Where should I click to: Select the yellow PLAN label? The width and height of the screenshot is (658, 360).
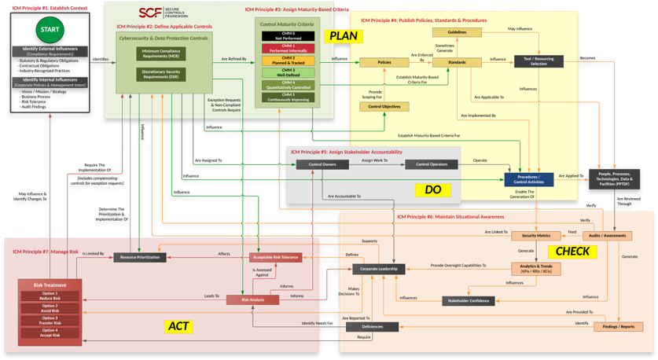coord(344,36)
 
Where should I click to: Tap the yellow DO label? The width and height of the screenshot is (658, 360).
coord(432,189)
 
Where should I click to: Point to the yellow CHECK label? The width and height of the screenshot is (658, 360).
coord(572,252)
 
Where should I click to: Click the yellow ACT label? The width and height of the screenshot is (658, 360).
coord(178,326)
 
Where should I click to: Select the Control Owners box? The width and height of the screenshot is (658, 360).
coord(322,164)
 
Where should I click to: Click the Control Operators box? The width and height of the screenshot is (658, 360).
coord(431,164)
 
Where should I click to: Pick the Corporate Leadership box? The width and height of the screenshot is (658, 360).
coord(379,269)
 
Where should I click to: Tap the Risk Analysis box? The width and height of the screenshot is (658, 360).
coord(252,299)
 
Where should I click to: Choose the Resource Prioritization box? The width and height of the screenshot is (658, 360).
coord(140,257)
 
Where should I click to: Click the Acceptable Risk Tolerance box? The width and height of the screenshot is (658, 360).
coord(275,257)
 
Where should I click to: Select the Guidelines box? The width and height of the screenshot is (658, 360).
coord(457,32)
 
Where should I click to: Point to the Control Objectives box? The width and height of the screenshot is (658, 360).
coord(384,106)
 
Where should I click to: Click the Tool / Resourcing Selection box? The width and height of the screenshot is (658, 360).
coord(539,61)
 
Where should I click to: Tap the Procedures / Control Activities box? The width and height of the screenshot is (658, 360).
coord(529,180)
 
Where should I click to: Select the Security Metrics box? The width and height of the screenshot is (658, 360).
coord(536,236)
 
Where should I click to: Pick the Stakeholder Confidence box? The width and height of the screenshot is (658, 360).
coord(468,301)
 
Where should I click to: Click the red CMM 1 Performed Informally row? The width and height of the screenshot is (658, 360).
coord(288,49)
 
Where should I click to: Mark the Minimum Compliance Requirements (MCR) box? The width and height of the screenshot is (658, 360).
coord(161,53)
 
